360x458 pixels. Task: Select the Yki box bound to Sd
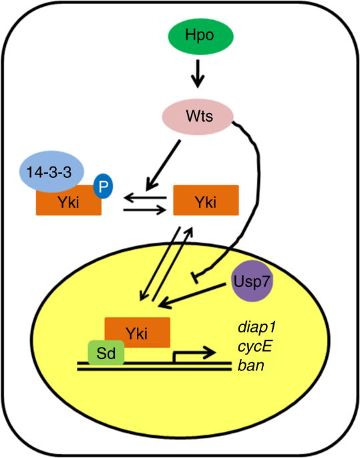pyautogui.click(x=138, y=331)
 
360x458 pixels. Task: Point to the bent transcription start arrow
pyautogui.click(x=193, y=354)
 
